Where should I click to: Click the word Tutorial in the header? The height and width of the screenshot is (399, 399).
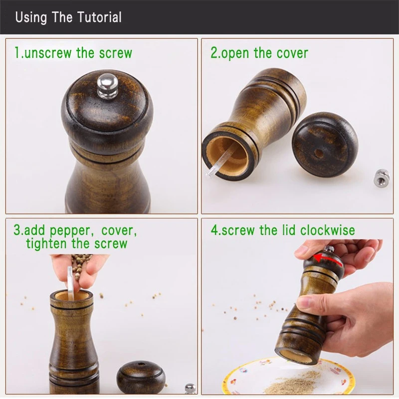click(x=99, y=17)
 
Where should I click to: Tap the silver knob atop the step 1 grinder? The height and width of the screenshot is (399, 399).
click(x=107, y=86)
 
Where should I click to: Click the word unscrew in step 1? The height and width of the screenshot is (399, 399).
click(x=48, y=53)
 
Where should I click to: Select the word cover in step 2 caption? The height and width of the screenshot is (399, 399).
click(x=292, y=53)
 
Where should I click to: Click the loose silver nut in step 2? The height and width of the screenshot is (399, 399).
click(x=382, y=178)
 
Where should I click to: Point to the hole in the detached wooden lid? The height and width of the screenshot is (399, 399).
click(x=318, y=153)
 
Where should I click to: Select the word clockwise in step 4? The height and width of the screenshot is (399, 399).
click(x=328, y=230)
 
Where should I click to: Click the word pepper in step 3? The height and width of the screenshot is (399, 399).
click(x=70, y=231)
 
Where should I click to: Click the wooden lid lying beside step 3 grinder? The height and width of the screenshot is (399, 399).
click(x=141, y=377)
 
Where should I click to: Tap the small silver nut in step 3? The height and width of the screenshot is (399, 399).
click(x=191, y=389)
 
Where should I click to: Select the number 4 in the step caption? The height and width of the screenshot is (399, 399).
click(x=214, y=230)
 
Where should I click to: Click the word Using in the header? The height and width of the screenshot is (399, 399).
click(x=31, y=17)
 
